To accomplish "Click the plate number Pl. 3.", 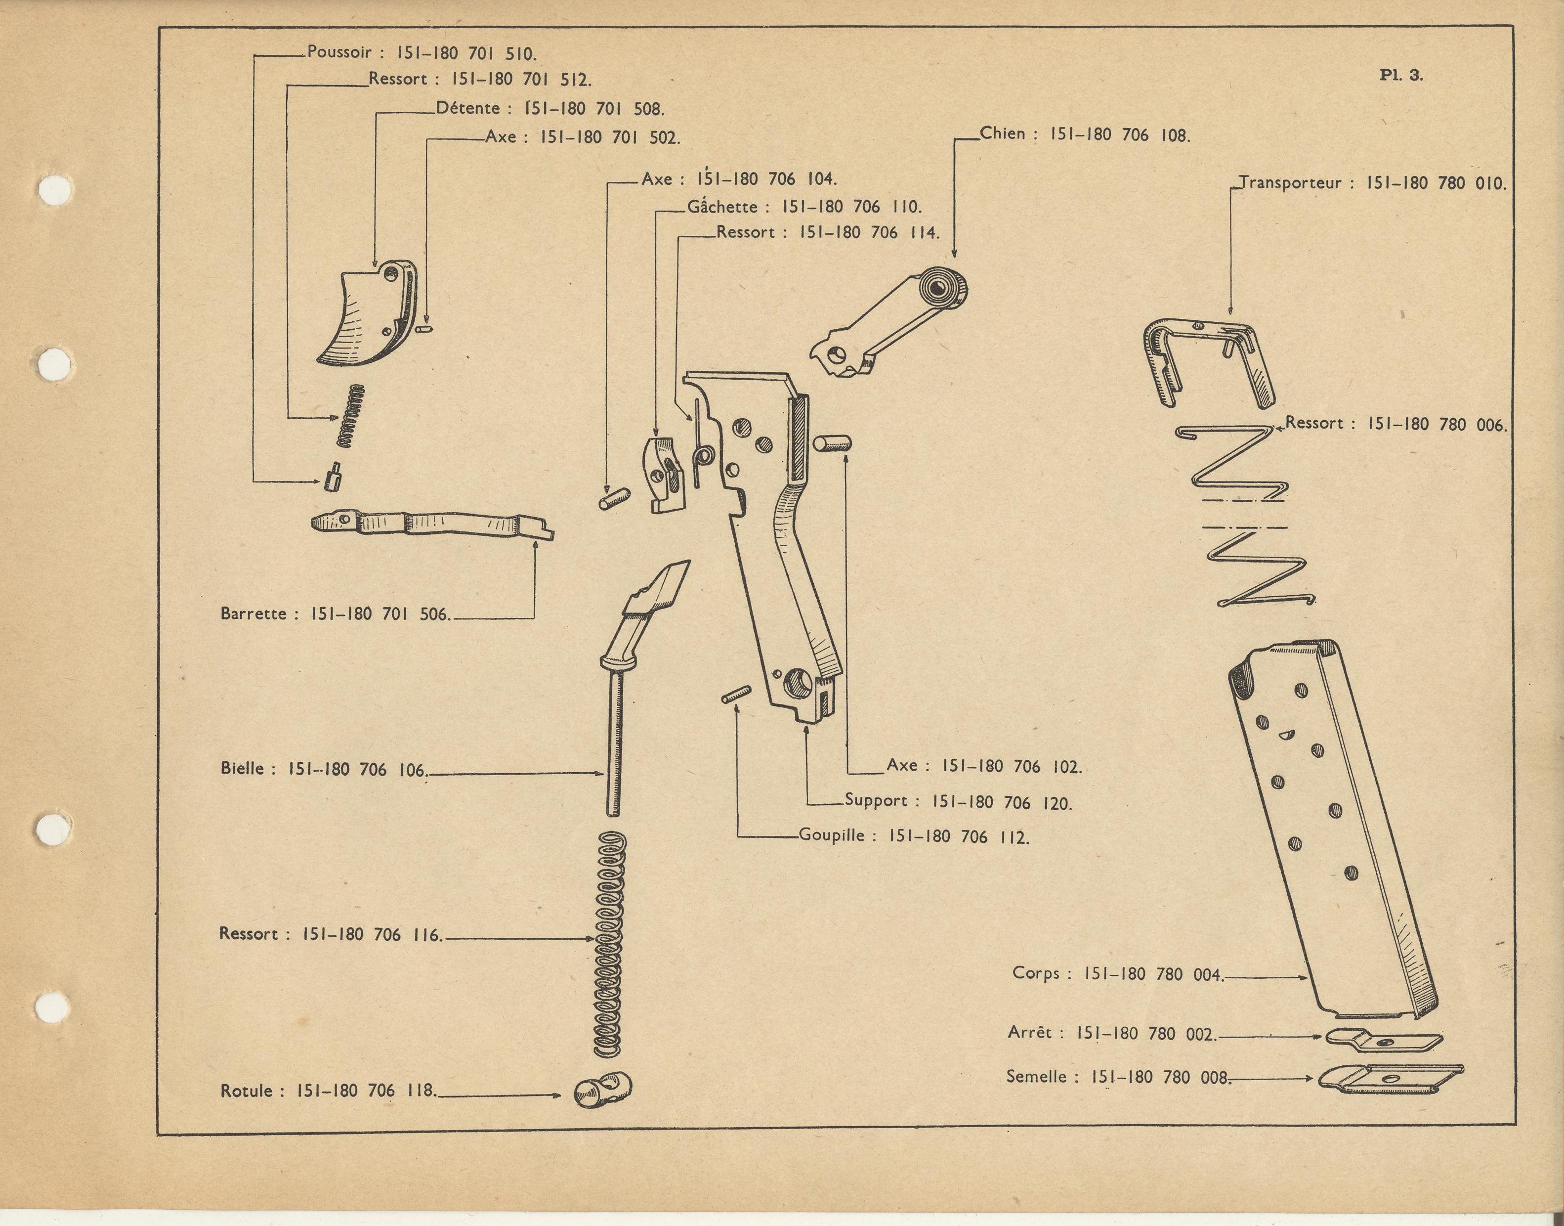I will point(1400,75).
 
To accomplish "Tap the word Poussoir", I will point(338,52).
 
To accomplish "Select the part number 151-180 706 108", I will point(1120,134).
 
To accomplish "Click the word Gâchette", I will point(722,207).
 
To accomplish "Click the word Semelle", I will point(1036,1077).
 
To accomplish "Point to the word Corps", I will point(1035,973).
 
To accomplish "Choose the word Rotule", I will point(246,1091).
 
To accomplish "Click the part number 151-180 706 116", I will point(372,934).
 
